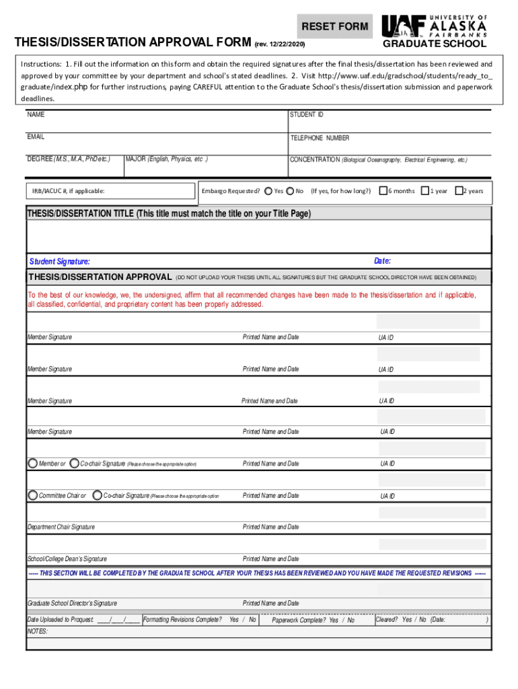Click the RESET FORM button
pos(334,26)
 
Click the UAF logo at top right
pos(434,26)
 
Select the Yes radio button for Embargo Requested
pos(268,191)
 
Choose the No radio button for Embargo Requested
pos(290,191)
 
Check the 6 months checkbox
pos(383,191)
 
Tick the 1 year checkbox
pos(425,191)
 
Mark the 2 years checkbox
pos(460,191)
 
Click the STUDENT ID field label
pos(306,115)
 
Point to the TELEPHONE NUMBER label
pos(320,138)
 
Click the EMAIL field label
pos(36,137)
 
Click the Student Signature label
pos(60,262)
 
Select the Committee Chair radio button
pos(33,495)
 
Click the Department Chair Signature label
pos(61,527)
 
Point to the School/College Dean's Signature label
pos(67,559)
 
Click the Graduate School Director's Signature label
pos(72,604)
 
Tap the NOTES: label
pos(37,632)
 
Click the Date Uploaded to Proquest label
pos(60,620)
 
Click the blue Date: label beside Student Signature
pos(382,261)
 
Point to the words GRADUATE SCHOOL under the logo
pos(434,44)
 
